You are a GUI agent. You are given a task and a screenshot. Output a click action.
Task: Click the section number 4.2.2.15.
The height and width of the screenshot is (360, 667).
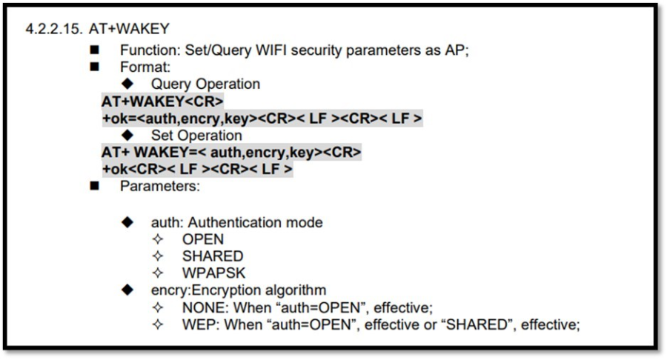(x=53, y=29)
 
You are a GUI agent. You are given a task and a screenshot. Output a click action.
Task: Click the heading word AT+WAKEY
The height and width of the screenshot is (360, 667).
(x=129, y=29)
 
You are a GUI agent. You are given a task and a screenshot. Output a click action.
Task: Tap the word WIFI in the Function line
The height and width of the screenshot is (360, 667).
(x=271, y=50)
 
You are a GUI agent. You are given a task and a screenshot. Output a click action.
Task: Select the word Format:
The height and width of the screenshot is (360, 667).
(x=145, y=67)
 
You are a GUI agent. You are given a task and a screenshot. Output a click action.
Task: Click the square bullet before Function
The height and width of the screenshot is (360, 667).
(x=94, y=50)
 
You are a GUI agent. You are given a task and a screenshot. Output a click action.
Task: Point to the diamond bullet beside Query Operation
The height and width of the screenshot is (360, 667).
(x=127, y=83)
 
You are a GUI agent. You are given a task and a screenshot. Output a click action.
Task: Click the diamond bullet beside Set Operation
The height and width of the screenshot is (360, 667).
(x=127, y=135)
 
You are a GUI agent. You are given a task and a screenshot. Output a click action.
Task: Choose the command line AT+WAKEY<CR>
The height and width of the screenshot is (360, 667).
(x=162, y=101)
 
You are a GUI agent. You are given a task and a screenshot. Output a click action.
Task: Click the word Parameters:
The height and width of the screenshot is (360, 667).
(x=159, y=186)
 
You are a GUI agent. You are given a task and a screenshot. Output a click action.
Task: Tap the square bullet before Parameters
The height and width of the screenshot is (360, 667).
(x=94, y=186)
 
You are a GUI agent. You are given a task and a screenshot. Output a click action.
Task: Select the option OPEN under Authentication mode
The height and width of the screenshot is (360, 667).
(x=203, y=239)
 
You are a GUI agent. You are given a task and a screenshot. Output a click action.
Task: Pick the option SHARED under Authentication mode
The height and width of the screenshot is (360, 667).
(x=213, y=256)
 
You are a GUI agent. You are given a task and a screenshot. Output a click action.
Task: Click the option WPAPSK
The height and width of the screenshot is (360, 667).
(x=214, y=273)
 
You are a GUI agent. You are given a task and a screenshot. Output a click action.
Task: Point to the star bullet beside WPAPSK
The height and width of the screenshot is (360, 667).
(x=158, y=273)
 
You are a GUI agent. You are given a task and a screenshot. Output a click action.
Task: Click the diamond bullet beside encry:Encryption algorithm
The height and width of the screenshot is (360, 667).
(x=127, y=290)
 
